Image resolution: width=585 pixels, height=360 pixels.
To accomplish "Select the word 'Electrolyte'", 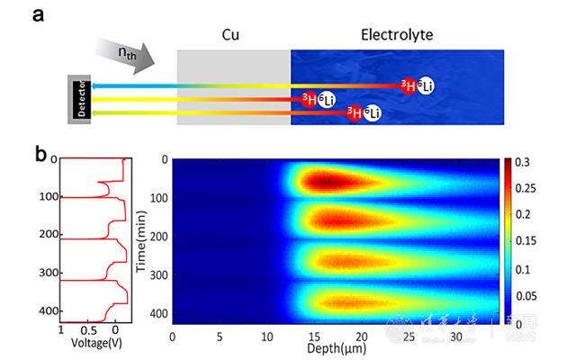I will tap(397, 35).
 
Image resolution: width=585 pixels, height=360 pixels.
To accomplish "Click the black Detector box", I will tap(80, 98).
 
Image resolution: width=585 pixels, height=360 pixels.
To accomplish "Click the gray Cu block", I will tap(233, 85).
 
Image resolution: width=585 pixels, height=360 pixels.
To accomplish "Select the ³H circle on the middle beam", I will tap(310, 99).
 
